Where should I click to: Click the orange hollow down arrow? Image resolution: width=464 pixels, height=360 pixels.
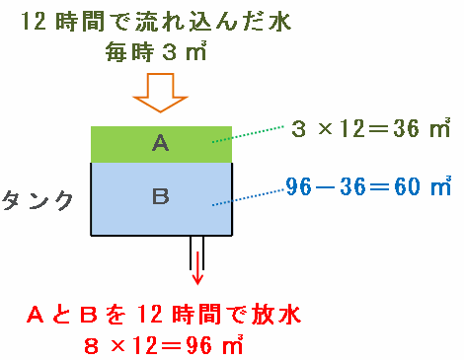click(160, 93)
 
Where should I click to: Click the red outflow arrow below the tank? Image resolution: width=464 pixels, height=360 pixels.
click(197, 268)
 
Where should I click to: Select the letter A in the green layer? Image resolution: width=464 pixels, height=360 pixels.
click(161, 143)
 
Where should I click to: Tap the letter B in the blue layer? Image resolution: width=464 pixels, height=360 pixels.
click(161, 196)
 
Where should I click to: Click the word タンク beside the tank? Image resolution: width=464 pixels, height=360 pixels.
click(38, 200)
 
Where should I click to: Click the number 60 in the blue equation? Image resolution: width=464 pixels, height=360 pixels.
click(408, 186)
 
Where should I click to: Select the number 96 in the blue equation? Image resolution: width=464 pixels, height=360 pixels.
click(298, 186)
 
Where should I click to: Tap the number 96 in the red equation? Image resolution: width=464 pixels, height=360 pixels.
click(198, 345)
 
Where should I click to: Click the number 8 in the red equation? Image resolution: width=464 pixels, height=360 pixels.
click(91, 346)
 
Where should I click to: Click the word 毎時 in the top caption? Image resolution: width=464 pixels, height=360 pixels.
click(129, 51)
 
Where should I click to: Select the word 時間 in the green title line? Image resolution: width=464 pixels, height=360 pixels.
click(80, 22)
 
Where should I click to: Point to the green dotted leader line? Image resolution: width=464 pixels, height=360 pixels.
click(248, 134)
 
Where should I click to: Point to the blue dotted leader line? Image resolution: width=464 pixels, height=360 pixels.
click(248, 197)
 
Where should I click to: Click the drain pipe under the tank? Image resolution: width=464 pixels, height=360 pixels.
click(196, 252)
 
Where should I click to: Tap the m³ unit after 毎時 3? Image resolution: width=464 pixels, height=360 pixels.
click(196, 51)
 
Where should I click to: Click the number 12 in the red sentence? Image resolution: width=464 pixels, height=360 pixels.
click(149, 314)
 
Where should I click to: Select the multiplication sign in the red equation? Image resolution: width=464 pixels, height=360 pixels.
click(117, 345)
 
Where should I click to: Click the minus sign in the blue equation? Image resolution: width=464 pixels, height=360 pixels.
click(326, 187)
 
